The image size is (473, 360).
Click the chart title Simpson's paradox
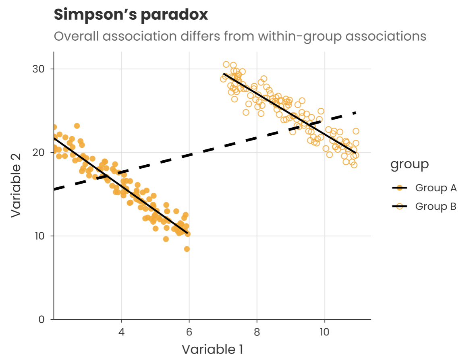pyautogui.click(x=131, y=15)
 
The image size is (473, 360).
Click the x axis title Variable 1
pyautogui.click(x=212, y=349)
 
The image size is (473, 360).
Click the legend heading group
pyautogui.click(x=409, y=164)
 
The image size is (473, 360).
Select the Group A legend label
pyautogui.click(x=436, y=188)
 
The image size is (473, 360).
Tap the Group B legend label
pyautogui.click(x=436, y=207)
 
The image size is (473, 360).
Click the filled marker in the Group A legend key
pyautogui.click(x=400, y=188)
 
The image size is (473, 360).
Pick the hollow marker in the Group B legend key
pyautogui.click(x=400, y=207)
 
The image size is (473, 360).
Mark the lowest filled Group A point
pyautogui.click(x=187, y=249)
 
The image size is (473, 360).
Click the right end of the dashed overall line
pyautogui.click(x=356, y=113)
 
